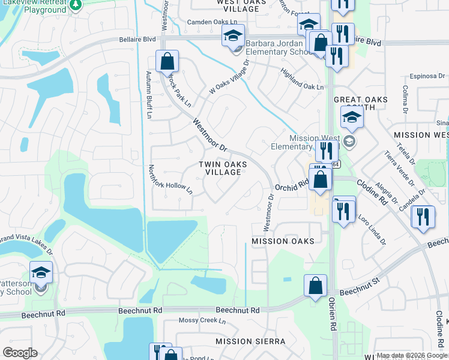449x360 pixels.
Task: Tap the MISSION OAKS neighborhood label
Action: (x=283, y=241)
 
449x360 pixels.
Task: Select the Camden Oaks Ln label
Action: (x=195, y=22)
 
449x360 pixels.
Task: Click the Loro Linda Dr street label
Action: (x=372, y=228)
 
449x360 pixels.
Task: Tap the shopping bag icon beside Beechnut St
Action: (x=315, y=286)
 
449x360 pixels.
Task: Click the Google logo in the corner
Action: (x=20, y=353)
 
